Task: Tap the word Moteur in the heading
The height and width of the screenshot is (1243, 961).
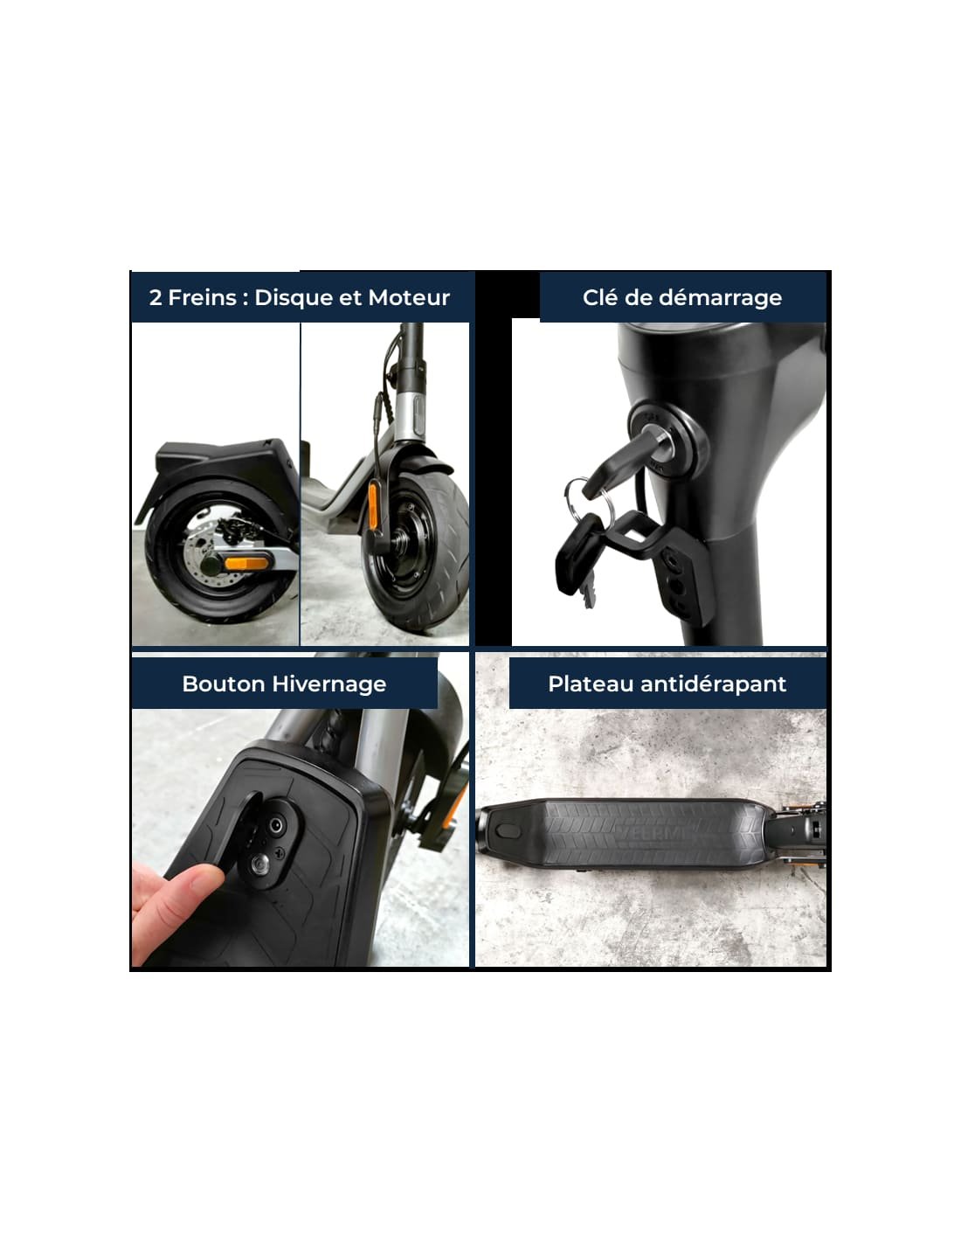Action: click(409, 297)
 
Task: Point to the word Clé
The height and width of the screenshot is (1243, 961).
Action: click(600, 297)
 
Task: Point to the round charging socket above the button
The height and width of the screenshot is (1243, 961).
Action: click(277, 824)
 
